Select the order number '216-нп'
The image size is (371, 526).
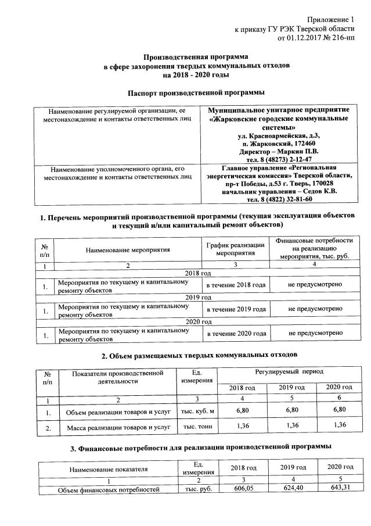(340, 38)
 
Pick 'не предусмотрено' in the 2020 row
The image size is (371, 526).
(314, 333)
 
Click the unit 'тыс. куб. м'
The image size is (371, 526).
(199, 412)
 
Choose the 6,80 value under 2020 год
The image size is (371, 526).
(338, 411)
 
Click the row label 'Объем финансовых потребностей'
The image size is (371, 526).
(109, 490)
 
